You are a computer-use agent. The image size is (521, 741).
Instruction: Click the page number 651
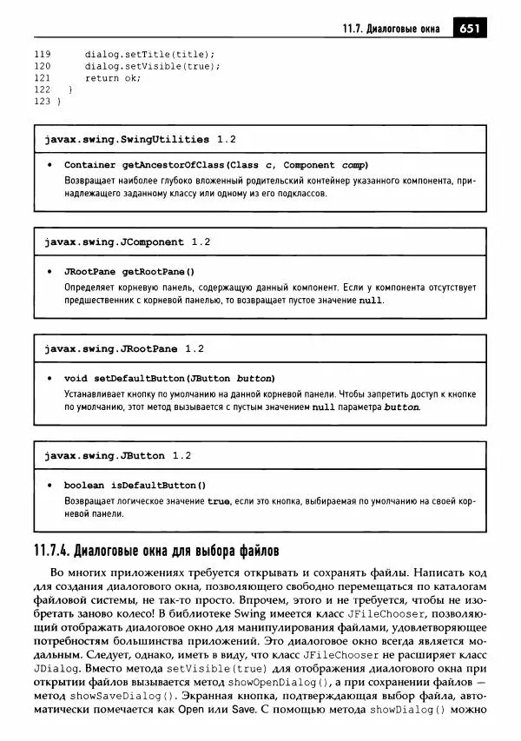click(x=470, y=28)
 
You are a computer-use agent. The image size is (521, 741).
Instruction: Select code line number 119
click(x=42, y=53)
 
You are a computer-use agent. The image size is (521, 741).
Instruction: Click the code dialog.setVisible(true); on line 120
click(x=148, y=65)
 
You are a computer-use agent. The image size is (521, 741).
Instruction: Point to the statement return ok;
click(x=113, y=77)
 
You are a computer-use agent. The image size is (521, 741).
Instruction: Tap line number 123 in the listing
click(x=42, y=102)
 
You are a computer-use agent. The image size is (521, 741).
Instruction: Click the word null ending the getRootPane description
click(x=370, y=301)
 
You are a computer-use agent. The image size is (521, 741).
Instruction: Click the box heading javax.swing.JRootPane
click(x=110, y=348)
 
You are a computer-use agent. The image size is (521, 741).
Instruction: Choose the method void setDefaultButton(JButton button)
click(x=169, y=378)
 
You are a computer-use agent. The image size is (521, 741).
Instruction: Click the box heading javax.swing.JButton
click(x=104, y=455)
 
